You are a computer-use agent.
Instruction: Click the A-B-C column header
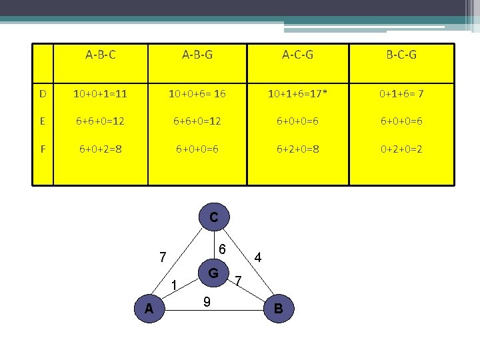pyautogui.click(x=101, y=55)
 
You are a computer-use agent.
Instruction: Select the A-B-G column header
pyautogui.click(x=197, y=55)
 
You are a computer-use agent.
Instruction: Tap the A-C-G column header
pyautogui.click(x=299, y=55)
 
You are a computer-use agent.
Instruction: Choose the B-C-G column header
pyautogui.click(x=401, y=55)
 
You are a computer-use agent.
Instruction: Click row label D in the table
pyautogui.click(x=43, y=94)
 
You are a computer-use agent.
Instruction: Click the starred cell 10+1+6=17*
pyautogui.click(x=299, y=94)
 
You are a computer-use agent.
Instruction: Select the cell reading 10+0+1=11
pyautogui.click(x=101, y=94)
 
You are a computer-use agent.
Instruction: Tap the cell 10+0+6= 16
pyautogui.click(x=197, y=94)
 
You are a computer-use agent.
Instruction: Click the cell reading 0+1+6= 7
pyautogui.click(x=401, y=94)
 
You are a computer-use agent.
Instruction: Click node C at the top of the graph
pyautogui.click(x=213, y=217)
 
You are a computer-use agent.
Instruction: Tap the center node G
pyautogui.click(x=213, y=273)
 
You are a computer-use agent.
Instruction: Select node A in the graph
pyautogui.click(x=149, y=308)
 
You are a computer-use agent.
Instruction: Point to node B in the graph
pyautogui.click(x=278, y=308)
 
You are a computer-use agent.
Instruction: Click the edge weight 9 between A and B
pyautogui.click(x=207, y=302)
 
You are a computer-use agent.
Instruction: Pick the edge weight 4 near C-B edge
pyautogui.click(x=258, y=257)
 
